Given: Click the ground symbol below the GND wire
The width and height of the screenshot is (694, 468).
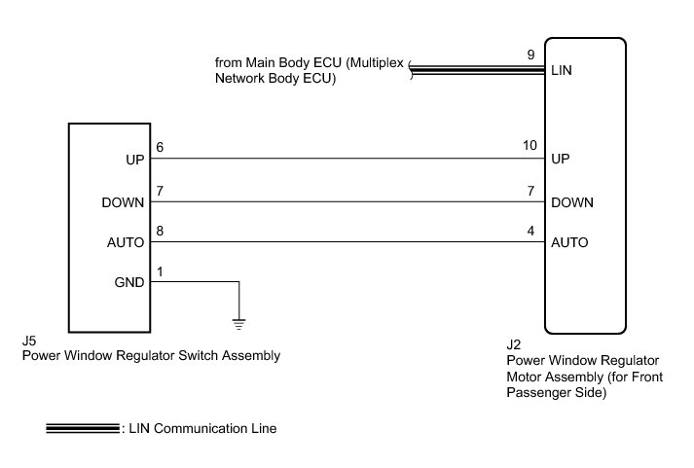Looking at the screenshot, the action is coord(239,324).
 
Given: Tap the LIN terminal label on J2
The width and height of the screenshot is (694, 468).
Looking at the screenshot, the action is coord(562,70).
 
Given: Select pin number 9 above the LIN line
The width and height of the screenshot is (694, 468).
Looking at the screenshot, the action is coord(530,54).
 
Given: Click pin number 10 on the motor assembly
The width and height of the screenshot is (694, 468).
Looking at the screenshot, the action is coord(530,145).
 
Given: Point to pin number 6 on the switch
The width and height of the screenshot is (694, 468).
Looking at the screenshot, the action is coord(160,147).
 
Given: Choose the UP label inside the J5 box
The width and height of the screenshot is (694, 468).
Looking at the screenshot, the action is coord(135,160).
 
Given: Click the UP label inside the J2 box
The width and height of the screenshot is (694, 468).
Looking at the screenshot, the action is coord(561,159).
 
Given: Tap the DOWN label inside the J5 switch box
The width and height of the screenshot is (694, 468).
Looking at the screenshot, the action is coord(123,202).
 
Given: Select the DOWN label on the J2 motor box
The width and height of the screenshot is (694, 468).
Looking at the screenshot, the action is coord(572,202).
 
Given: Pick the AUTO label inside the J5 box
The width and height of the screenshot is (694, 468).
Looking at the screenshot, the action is coord(126,242).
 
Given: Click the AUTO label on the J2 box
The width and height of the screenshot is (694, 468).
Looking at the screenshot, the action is coord(569,242).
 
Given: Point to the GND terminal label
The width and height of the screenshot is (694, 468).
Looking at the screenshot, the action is coord(129,282).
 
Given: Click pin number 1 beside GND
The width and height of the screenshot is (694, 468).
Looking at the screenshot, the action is coord(160,271).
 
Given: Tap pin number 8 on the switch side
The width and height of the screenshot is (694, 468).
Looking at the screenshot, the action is coord(160,231).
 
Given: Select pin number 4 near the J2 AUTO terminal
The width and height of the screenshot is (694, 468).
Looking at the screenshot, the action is coord(530,231).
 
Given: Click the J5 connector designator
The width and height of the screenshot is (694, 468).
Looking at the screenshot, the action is coord(29,341).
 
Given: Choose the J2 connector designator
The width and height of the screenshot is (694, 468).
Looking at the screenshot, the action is coord(513,344).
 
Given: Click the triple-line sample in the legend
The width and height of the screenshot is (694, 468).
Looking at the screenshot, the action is coord(83,428).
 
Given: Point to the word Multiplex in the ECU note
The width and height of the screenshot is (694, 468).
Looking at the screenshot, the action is coord(377,63).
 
